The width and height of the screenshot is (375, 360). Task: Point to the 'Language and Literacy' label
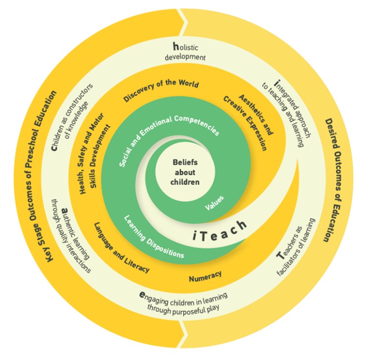[x=121, y=249]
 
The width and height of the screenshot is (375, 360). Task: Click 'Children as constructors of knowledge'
[x=74, y=111]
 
